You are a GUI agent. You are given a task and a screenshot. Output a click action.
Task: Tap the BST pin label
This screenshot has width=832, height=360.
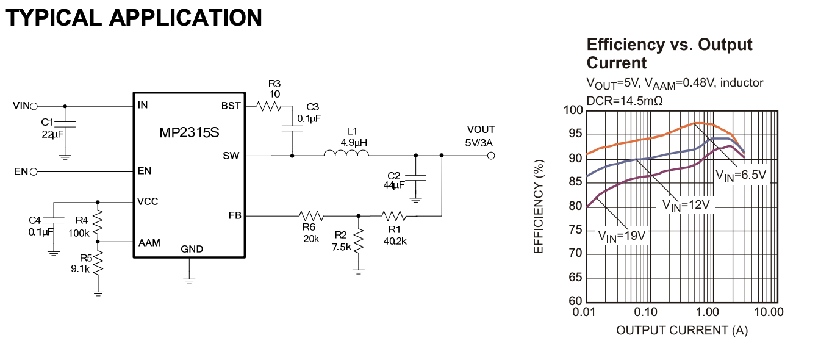coord(231,106)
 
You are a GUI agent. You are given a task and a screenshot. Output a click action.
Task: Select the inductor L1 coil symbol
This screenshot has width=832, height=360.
coord(346,155)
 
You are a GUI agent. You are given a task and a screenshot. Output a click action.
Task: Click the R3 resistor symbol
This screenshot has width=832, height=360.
coord(268,106)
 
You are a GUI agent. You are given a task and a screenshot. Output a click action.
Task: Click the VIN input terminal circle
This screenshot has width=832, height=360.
coord(34,106)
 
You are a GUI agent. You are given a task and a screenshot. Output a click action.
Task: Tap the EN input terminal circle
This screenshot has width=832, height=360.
coord(34,171)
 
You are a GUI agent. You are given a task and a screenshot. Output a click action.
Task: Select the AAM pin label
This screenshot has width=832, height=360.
coord(149,242)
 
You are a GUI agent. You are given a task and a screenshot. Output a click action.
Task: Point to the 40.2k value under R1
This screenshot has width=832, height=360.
coord(395,240)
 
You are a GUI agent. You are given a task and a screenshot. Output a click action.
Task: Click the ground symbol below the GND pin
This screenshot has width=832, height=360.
coord(190,279)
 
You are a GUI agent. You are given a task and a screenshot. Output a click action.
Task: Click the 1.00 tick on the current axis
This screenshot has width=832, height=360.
coord(708,312)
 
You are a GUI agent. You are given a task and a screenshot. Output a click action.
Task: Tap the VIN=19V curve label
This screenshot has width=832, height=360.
coord(621,235)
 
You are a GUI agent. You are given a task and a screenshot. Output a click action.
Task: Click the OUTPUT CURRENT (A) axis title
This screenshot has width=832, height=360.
coord(681,330)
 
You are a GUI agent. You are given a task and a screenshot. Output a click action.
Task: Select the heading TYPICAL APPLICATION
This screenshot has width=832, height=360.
coord(134,18)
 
